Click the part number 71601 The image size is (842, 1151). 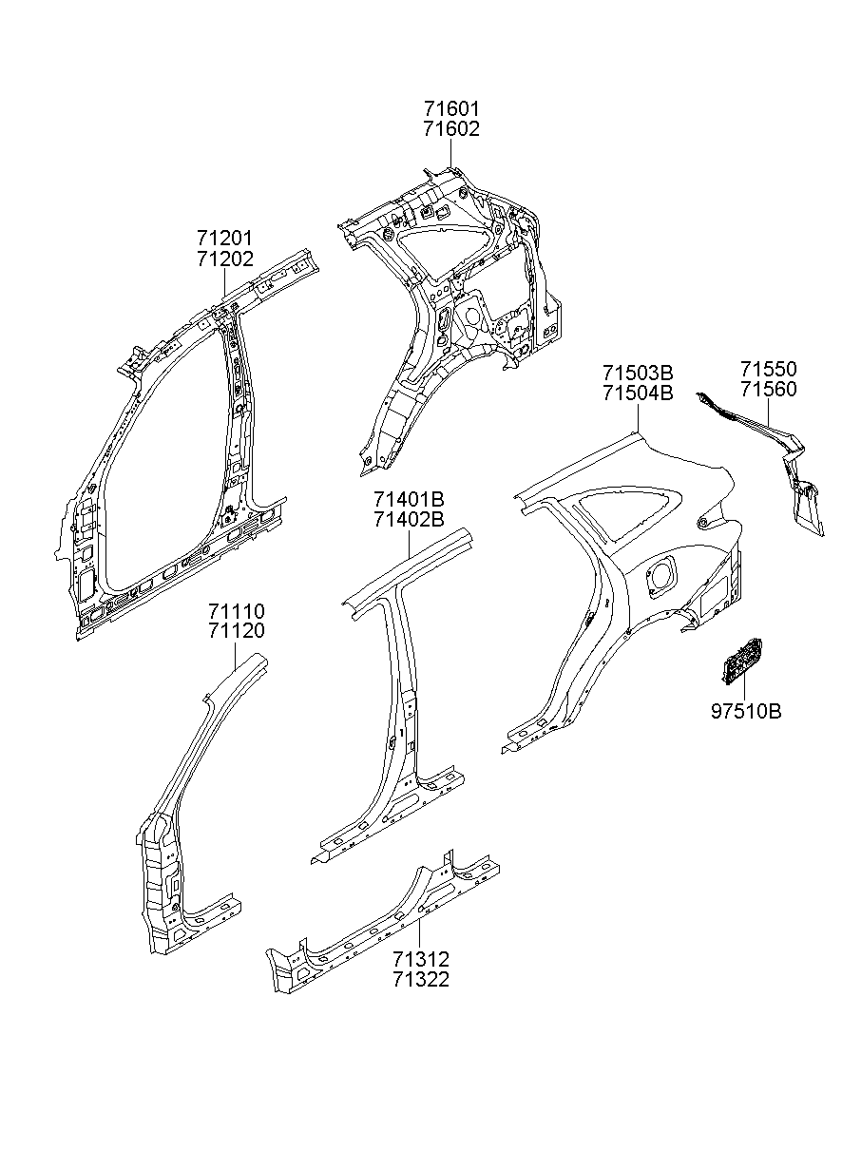click(451, 110)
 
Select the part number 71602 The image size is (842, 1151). click(451, 129)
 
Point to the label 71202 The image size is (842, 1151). click(225, 259)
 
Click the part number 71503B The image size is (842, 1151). click(637, 372)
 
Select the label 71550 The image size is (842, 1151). click(769, 370)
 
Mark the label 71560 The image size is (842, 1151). click(769, 389)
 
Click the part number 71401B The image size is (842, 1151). click(409, 500)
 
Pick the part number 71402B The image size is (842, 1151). click(409, 519)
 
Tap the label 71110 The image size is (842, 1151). click(237, 611)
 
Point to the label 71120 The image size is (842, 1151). click(237, 630)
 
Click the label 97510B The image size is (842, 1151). click(746, 710)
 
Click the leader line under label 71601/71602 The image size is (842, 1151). click(451, 154)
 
